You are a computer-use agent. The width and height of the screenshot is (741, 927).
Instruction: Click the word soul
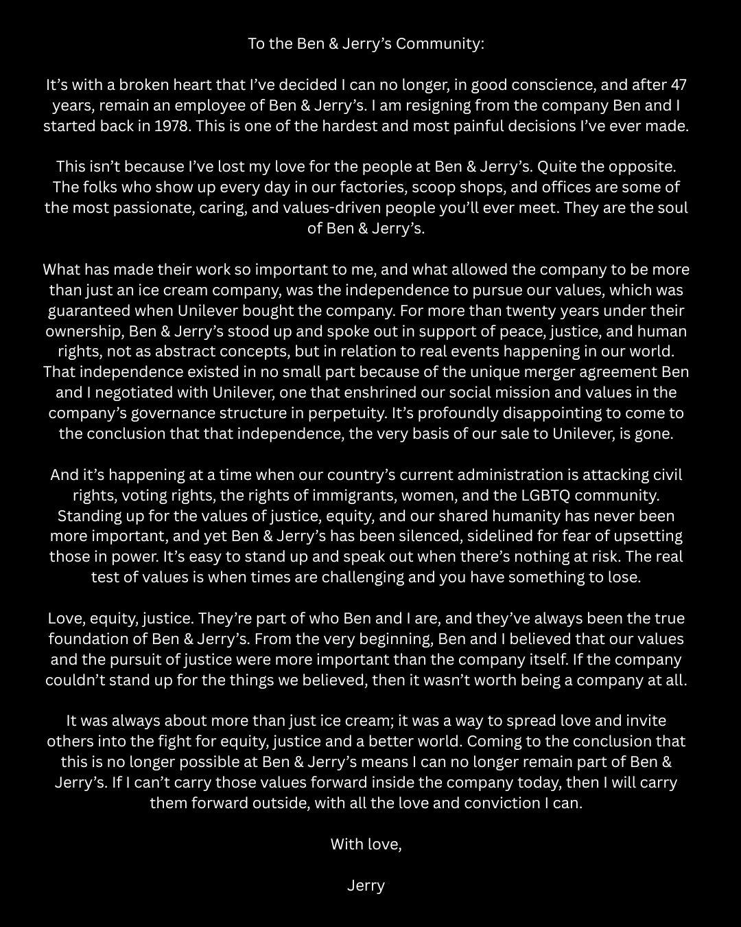(x=672, y=208)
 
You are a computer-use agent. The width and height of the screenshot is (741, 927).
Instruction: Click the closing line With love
(x=366, y=845)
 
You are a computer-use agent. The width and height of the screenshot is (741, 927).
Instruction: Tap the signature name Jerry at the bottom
(x=366, y=886)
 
